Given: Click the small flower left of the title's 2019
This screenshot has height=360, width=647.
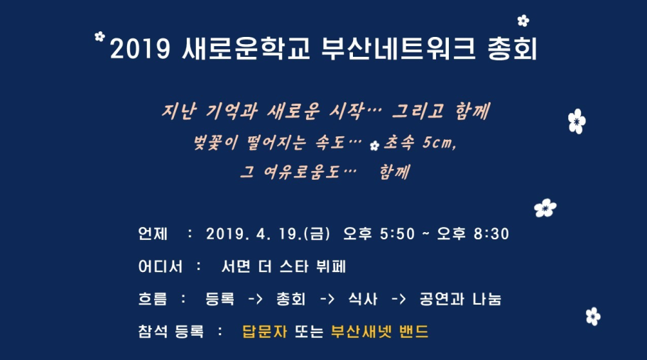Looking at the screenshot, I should [x=99, y=36].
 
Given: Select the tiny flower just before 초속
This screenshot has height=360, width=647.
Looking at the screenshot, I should [x=374, y=146].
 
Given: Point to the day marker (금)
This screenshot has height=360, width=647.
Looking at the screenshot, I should [x=317, y=234].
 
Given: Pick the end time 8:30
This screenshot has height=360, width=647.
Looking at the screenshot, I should [x=493, y=234].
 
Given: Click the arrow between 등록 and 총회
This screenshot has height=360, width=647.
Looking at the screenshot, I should [x=255, y=299].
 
